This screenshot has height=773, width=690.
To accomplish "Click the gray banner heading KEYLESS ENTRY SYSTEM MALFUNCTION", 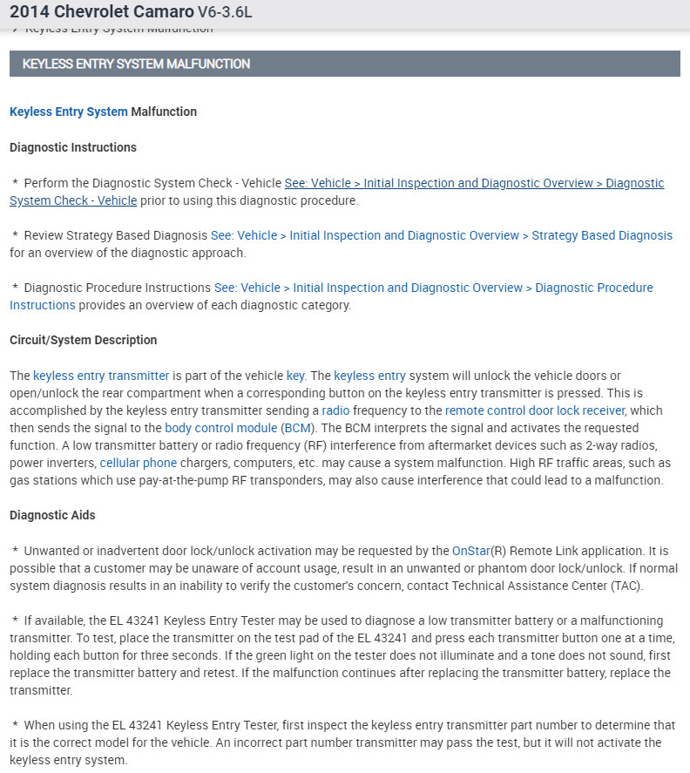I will [136, 64].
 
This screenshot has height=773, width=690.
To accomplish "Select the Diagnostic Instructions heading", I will [73, 147].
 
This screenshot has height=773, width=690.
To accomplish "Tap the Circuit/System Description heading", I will [84, 340].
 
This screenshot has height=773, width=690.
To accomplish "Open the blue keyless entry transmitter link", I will [101, 376].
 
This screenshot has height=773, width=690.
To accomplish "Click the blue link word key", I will [295, 376].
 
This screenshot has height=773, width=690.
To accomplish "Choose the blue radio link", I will [335, 410].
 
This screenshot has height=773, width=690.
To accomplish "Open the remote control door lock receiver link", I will [534, 410].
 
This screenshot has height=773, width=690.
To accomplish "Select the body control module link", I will [220, 428].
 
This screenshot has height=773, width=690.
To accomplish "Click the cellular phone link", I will [138, 463].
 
